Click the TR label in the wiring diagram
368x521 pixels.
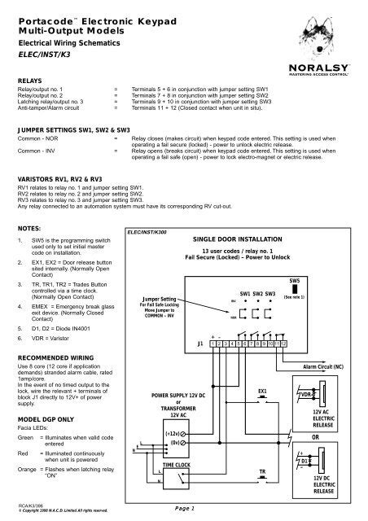261,472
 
